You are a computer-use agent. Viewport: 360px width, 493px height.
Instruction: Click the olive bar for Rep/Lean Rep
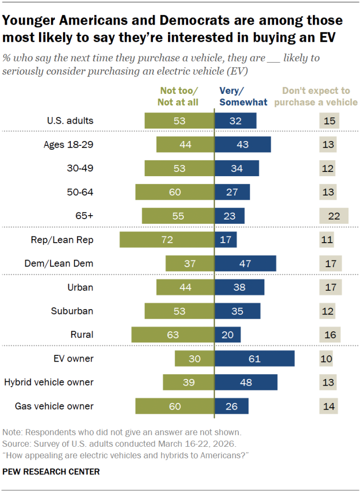(167, 240)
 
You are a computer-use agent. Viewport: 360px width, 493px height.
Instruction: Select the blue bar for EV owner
(254, 359)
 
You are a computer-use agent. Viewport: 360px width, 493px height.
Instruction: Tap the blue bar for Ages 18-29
(243, 144)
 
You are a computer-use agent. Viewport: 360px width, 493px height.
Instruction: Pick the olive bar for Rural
(173, 335)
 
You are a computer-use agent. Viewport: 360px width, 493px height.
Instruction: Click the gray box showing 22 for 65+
(334, 216)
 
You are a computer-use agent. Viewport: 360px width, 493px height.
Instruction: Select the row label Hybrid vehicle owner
(49, 382)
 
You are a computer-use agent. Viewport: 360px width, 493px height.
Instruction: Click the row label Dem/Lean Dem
(59, 263)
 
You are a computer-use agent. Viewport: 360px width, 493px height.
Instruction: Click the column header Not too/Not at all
(178, 96)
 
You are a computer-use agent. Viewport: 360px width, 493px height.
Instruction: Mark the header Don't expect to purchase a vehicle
(320, 96)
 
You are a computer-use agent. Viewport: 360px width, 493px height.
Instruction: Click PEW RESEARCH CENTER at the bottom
(51, 472)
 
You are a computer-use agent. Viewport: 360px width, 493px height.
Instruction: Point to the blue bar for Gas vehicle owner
(231, 406)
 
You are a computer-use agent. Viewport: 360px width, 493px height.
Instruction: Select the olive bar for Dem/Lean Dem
(190, 263)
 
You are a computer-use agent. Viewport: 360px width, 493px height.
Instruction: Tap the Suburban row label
(72, 311)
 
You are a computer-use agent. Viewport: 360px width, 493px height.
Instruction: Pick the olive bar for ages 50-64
(175, 192)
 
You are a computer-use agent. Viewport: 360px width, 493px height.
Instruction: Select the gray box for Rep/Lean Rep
(327, 240)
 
